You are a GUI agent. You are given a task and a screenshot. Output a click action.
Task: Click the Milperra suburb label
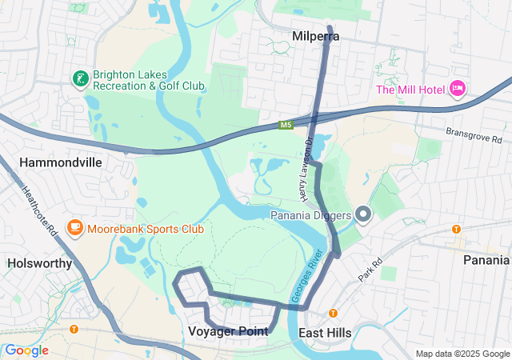pos(316,37)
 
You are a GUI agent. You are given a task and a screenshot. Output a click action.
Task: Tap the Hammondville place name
pos(60,162)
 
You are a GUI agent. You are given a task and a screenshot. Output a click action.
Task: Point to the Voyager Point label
pos(228,331)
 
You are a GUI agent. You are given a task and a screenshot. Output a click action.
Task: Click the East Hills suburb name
pos(325,332)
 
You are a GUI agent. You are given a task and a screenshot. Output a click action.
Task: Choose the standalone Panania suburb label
pos(486,259)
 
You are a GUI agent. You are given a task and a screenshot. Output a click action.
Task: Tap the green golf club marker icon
pos(80,78)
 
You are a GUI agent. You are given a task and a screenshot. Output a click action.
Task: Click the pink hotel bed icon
pos(457,88)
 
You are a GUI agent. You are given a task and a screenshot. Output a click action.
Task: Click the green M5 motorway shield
pos(286,125)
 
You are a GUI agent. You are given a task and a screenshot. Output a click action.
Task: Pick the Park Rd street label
pos(371,268)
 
